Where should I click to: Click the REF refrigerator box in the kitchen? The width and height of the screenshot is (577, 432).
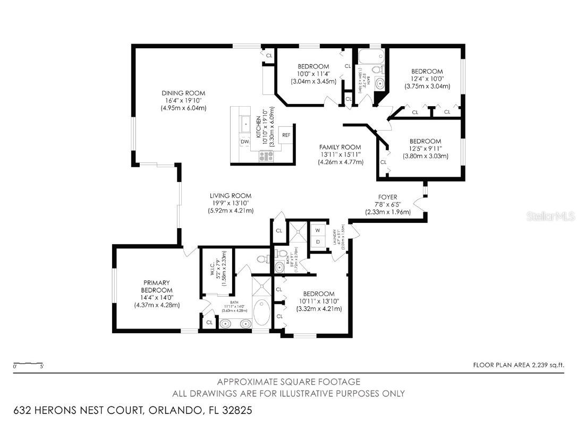tap(286, 135)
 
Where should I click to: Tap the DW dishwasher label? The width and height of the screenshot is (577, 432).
tap(244, 142)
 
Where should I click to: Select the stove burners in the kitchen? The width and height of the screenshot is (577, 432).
tap(265, 155)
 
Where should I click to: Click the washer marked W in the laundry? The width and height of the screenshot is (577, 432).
tap(318, 230)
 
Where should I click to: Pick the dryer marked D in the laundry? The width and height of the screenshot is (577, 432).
tap(318, 242)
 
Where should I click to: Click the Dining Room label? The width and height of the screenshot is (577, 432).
tap(183, 93)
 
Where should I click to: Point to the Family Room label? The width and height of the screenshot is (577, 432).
tap(340, 148)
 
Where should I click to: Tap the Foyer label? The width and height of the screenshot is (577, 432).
tap(387, 197)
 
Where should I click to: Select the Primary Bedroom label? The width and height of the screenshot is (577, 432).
tap(157, 287)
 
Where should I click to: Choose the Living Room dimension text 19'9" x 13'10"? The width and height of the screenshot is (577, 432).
tap(230, 203)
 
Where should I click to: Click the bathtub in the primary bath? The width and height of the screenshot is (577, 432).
tap(261, 312)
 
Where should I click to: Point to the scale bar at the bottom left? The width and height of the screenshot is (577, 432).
tap(28, 364)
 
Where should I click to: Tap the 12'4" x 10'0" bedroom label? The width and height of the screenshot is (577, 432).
tap(427, 79)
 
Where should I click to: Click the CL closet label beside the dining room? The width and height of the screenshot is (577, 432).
tap(269, 55)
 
